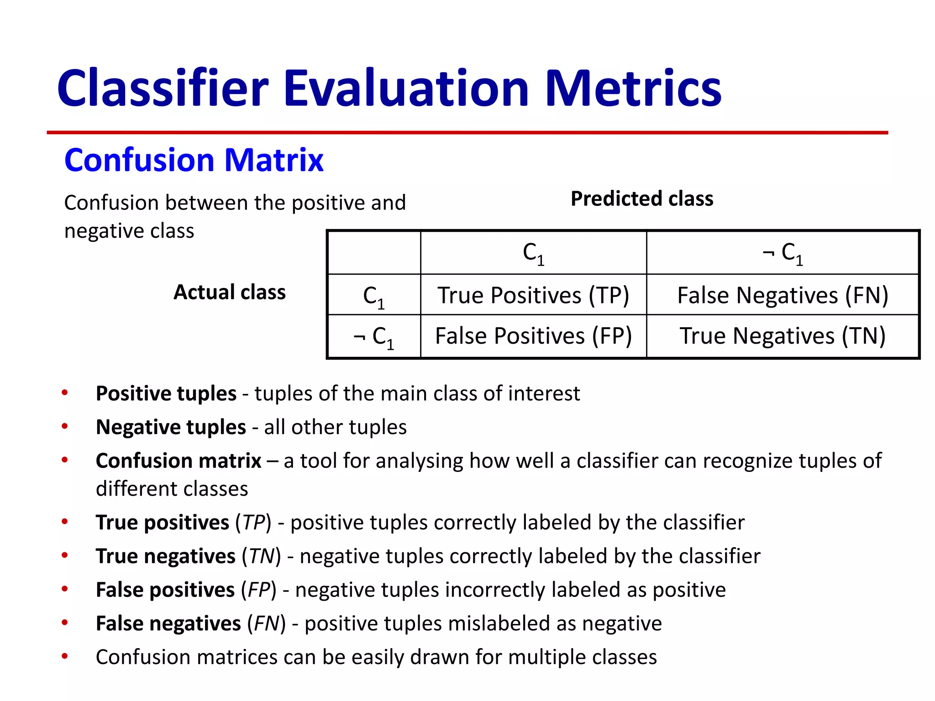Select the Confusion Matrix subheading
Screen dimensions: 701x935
pyautogui.click(x=194, y=160)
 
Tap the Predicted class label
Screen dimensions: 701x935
pyautogui.click(x=641, y=199)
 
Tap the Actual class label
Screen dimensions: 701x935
pyautogui.click(x=229, y=292)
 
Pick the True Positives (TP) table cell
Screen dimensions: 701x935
pyautogui.click(x=533, y=295)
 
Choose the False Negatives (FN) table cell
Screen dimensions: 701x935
pyautogui.click(x=783, y=295)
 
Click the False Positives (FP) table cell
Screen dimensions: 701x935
pyautogui.click(x=533, y=336)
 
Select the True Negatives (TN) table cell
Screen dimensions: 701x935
pyautogui.click(x=783, y=336)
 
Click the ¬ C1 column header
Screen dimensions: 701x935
pyautogui.click(x=783, y=253)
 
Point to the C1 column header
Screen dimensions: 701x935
pyautogui.click(x=533, y=253)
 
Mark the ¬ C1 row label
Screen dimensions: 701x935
pyautogui.click(x=373, y=337)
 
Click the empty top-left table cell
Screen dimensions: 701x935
pyautogui.click(x=374, y=253)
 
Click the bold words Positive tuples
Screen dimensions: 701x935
pyautogui.click(x=166, y=393)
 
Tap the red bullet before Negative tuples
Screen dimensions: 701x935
pyautogui.click(x=65, y=426)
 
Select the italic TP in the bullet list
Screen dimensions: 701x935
pyautogui.click(x=254, y=523)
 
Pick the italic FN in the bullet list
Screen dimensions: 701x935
pyautogui.click(x=266, y=623)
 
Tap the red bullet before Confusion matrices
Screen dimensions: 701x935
pyautogui.click(x=65, y=656)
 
